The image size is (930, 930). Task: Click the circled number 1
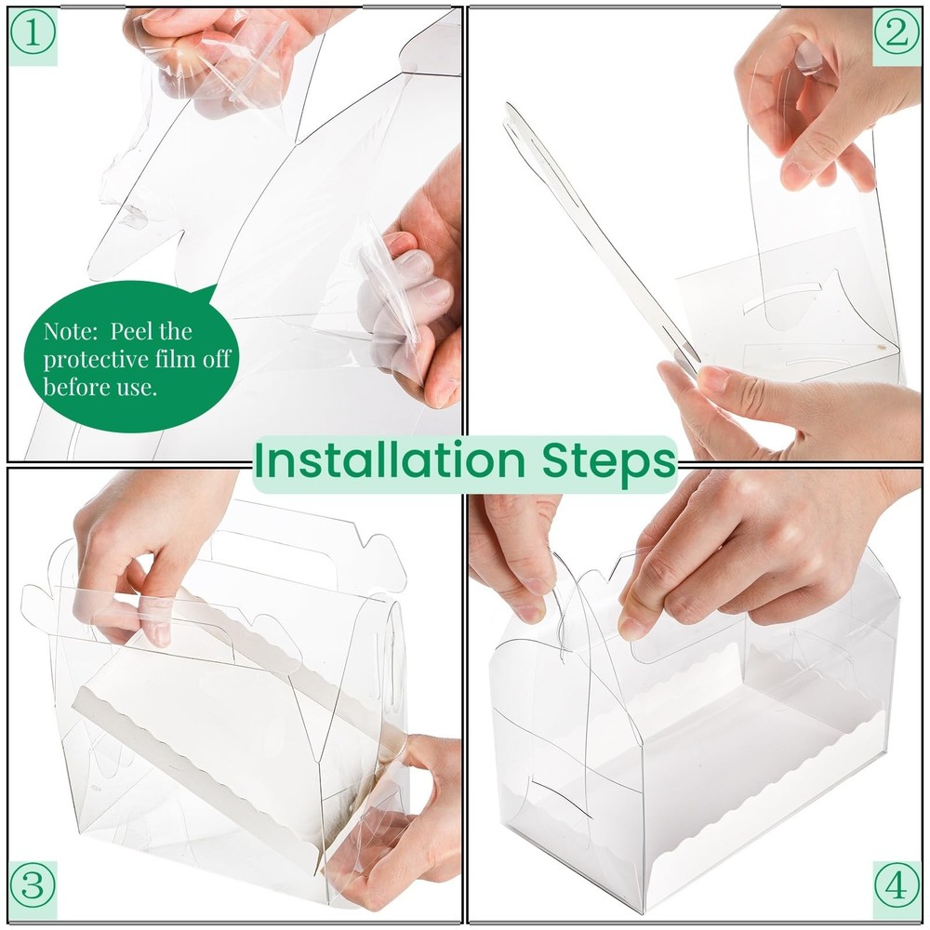[x=33, y=33]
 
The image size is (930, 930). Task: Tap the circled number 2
[x=897, y=33]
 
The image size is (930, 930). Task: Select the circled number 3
[x=33, y=885]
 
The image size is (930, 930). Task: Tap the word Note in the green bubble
[x=70, y=331]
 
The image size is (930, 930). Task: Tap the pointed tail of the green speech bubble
[x=215, y=287]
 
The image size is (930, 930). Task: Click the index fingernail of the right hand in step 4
[x=631, y=629]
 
